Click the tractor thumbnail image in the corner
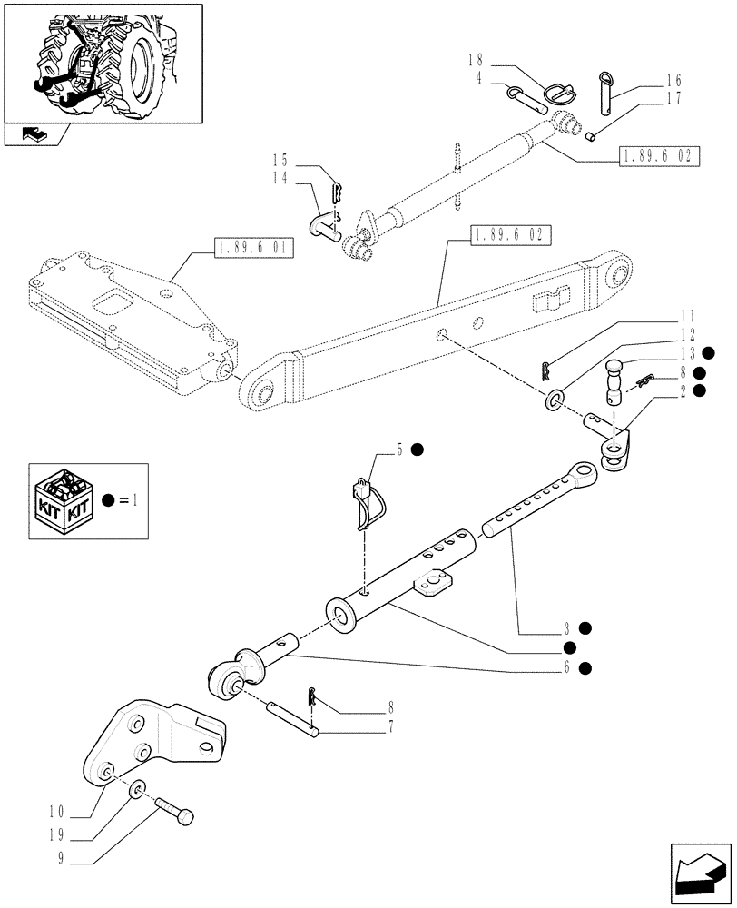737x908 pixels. pos(102,62)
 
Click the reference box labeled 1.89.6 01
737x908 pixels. pos(254,247)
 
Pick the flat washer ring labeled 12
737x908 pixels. pos(554,399)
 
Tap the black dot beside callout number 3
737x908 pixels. pos(586,627)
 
